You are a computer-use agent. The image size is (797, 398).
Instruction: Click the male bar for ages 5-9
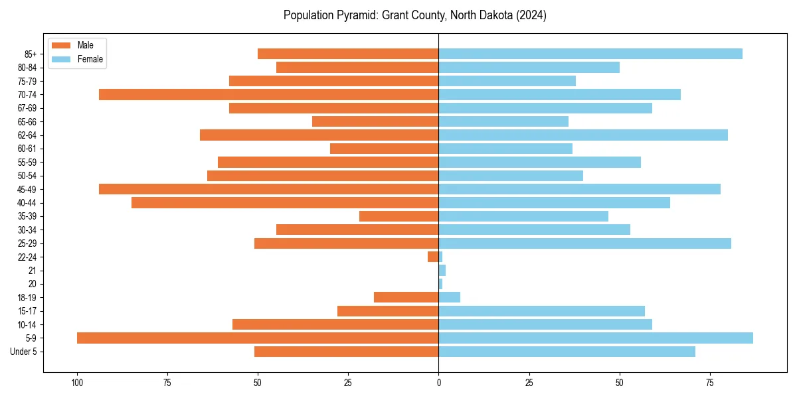[x=258, y=338]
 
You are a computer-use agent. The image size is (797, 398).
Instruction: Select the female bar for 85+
[x=590, y=54]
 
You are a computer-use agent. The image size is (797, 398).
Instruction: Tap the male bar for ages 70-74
[x=268, y=94]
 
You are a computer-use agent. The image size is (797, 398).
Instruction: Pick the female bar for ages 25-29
[x=584, y=243]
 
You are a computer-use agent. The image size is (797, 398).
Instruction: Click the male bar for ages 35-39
[x=398, y=216]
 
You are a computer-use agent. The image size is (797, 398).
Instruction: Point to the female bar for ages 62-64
[x=583, y=135]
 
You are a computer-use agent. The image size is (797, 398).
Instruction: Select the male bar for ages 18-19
[x=406, y=297]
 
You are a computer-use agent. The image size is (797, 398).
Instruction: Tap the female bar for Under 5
[x=567, y=352]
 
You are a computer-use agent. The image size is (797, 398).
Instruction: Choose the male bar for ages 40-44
[x=285, y=202]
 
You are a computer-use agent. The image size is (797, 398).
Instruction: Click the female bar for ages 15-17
[x=541, y=311]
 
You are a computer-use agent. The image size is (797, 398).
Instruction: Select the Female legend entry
[x=77, y=59]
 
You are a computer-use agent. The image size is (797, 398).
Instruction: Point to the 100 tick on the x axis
[x=77, y=383]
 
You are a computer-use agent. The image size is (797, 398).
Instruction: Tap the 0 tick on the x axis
[x=438, y=383]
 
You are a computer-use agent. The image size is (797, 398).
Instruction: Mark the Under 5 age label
[x=23, y=352]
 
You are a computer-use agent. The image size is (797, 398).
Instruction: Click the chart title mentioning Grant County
[x=415, y=15]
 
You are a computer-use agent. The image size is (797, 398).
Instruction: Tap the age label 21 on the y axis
[x=32, y=271]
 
